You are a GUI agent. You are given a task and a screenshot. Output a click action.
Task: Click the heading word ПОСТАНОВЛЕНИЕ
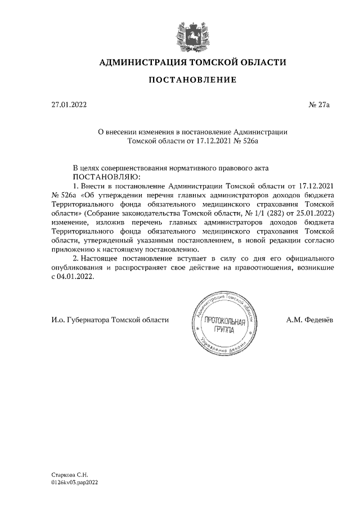192,80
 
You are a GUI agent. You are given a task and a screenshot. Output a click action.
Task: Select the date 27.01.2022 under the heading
69,104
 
